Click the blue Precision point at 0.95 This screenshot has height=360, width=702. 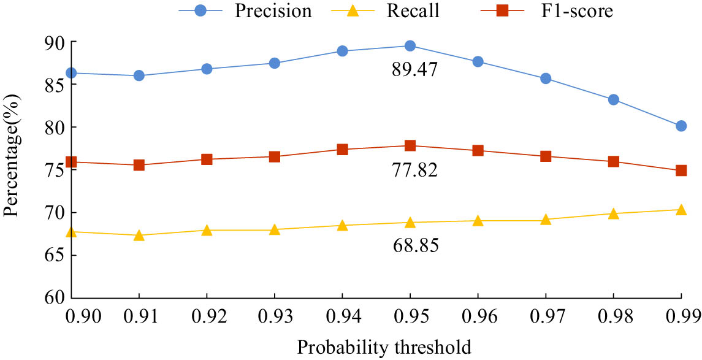click(410, 46)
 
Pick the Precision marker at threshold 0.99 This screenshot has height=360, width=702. click(681, 126)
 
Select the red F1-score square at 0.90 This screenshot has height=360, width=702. click(71, 162)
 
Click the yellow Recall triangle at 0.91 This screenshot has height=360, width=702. click(139, 235)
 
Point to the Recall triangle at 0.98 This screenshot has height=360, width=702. click(613, 213)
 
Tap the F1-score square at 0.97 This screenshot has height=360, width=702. click(546, 156)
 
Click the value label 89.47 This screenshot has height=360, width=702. click(414, 69)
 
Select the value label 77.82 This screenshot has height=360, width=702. click(414, 170)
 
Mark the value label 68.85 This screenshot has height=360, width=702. click(414, 246)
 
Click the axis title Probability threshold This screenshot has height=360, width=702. click(384, 348)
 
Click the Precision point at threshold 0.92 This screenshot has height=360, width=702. click(207, 69)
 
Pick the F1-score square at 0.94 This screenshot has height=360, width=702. click(342, 149)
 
